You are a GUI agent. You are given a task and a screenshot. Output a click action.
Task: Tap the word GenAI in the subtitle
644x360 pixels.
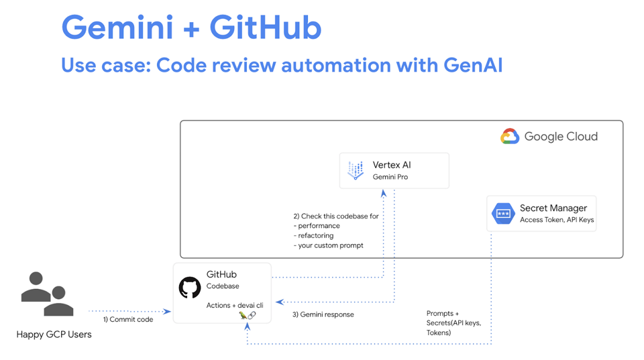pyautogui.click(x=473, y=65)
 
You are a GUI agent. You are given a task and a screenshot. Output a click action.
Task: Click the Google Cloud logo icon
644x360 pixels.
pyautogui.click(x=510, y=137)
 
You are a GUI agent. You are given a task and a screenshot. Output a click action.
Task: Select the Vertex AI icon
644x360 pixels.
pyautogui.click(x=356, y=170)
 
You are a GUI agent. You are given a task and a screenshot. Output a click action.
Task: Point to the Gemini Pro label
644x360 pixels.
pyautogui.click(x=390, y=177)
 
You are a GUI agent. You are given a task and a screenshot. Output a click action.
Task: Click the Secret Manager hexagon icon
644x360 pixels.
pyautogui.click(x=503, y=213)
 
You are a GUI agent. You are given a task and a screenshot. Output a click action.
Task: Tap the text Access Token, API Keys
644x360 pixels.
pyautogui.click(x=557, y=220)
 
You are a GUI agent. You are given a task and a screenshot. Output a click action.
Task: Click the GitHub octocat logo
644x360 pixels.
pyautogui.click(x=190, y=288)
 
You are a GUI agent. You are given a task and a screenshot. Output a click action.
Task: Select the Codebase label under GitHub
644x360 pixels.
pyautogui.click(x=223, y=286)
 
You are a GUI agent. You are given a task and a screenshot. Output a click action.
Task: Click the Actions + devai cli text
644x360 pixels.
pyautogui.click(x=235, y=305)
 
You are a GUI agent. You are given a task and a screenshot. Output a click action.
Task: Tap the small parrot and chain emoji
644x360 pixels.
pyautogui.click(x=247, y=315)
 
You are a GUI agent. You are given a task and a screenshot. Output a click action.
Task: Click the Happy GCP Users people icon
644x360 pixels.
pyautogui.click(x=47, y=294)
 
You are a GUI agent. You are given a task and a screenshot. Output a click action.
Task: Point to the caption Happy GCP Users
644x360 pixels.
pyautogui.click(x=54, y=334)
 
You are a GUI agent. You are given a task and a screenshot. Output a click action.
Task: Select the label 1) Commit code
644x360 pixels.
pyautogui.click(x=127, y=320)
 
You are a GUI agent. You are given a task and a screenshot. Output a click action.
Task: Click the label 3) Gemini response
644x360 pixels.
pyautogui.click(x=323, y=314)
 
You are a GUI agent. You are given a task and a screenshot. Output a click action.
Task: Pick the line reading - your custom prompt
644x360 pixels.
pyautogui.click(x=329, y=245)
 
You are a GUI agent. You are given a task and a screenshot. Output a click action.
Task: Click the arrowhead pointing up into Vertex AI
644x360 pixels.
pyautogui.click(x=384, y=193)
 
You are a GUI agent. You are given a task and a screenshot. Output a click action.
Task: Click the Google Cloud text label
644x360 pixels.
pyautogui.click(x=561, y=137)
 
